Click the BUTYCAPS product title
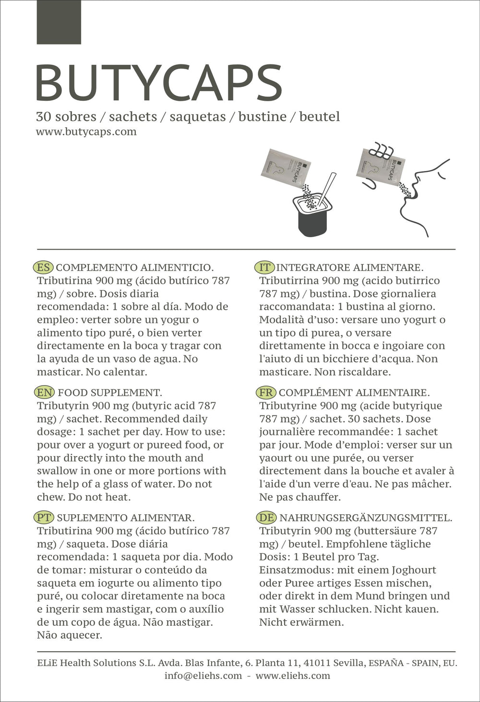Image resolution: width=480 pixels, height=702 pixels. click(x=158, y=83)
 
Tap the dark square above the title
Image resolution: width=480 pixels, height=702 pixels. click(x=59, y=22)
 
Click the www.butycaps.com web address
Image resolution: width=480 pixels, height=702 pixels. click(x=86, y=132)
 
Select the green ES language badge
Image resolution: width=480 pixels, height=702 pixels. click(x=43, y=267)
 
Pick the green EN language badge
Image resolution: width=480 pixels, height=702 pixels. click(x=45, y=393)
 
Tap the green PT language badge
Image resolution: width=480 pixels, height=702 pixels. click(x=44, y=518)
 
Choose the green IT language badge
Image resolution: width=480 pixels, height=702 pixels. click(x=264, y=267)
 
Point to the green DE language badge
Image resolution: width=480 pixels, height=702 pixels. click(x=266, y=518)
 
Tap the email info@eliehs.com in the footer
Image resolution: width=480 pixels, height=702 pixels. click(x=203, y=676)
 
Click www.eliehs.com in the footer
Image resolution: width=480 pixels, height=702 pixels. click(x=293, y=676)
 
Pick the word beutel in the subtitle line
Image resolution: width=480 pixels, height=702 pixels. click(x=319, y=117)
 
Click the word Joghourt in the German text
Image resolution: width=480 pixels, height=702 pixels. click(x=414, y=570)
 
